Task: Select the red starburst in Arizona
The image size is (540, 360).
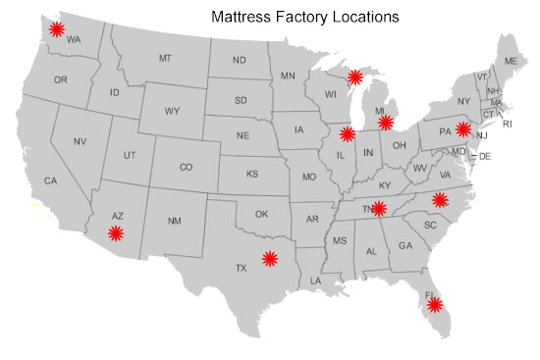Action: [116, 232]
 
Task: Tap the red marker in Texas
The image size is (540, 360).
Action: [270, 259]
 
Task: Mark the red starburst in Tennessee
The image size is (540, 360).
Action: [379, 208]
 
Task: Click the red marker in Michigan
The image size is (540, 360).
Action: [386, 123]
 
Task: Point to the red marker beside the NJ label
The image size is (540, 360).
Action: [463, 129]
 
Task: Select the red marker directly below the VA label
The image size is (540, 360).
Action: [440, 200]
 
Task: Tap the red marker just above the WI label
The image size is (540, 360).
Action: [354, 77]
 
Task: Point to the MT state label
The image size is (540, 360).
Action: [165, 59]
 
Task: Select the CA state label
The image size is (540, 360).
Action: [51, 180]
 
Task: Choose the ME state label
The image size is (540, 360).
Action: [510, 62]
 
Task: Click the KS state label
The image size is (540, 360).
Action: [252, 174]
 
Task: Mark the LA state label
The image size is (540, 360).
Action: [316, 282]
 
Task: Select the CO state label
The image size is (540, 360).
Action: [186, 167]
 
